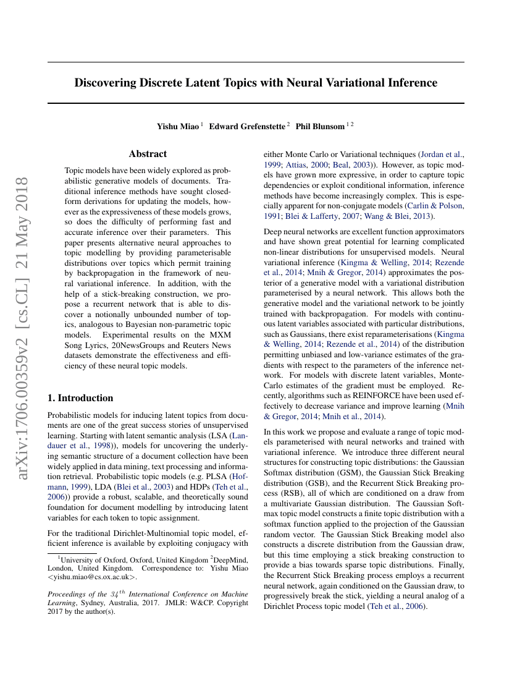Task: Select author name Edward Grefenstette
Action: click(x=247, y=126)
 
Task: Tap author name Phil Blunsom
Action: click(x=320, y=126)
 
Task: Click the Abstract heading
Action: click(x=148, y=154)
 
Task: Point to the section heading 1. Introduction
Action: click(x=80, y=397)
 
